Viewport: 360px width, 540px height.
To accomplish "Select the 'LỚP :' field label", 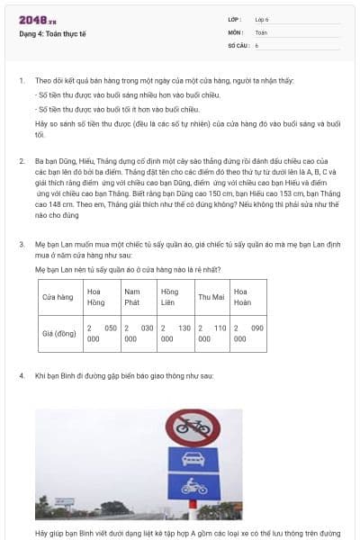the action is click(x=236, y=19).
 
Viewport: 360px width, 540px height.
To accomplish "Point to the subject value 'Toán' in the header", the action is click(x=261, y=31).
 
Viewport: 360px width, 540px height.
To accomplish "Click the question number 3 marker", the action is click(x=22, y=244).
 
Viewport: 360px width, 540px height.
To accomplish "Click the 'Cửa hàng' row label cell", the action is click(x=59, y=297).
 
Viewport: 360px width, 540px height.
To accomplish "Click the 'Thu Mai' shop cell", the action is click(x=211, y=297).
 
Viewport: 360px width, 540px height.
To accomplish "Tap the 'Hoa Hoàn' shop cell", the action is click(x=247, y=297).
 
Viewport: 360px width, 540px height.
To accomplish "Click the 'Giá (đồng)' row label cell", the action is click(x=59, y=334).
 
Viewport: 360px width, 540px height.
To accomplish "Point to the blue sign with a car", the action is click(x=193, y=461).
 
